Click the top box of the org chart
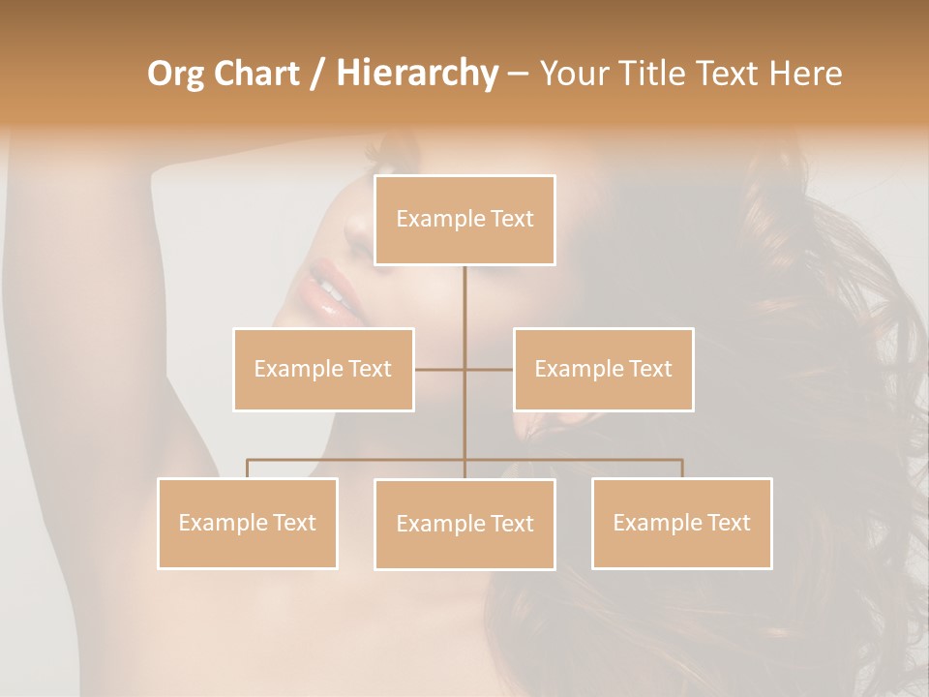click(x=464, y=220)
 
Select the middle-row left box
click(x=323, y=369)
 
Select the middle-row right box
click(x=603, y=369)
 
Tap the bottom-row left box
click(x=248, y=523)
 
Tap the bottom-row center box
click(x=464, y=524)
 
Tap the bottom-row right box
click(x=681, y=523)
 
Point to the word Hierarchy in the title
click(x=417, y=74)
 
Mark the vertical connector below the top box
click(x=464, y=310)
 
